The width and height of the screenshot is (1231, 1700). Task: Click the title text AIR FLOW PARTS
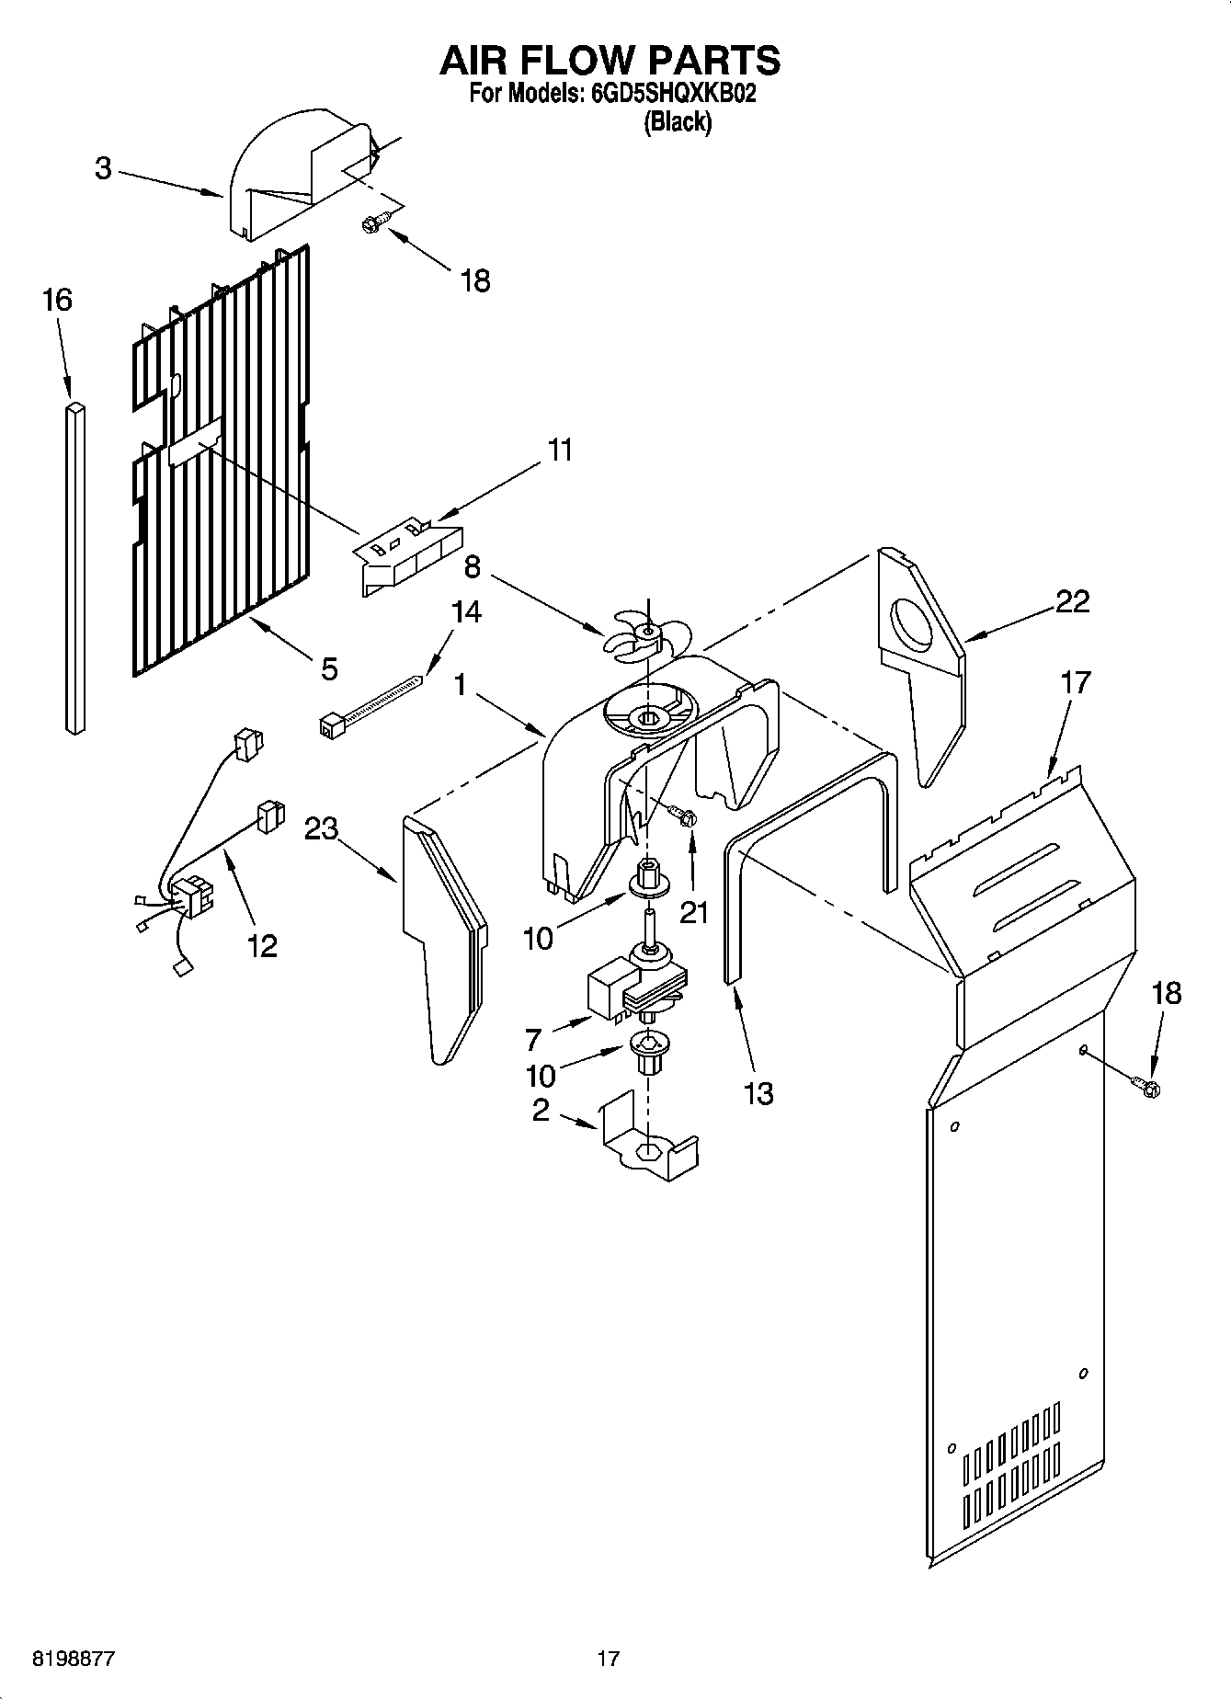[x=610, y=60]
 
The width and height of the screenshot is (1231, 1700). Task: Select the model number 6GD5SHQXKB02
[x=669, y=94]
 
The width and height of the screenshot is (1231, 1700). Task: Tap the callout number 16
[x=56, y=300]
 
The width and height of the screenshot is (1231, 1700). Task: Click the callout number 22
[x=1072, y=601]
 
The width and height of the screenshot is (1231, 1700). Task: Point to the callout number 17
[x=1075, y=682]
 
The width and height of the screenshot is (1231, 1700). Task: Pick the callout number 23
[x=322, y=828]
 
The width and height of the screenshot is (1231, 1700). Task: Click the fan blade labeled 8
[x=646, y=634]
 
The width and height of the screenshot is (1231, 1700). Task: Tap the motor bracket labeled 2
[x=648, y=1140]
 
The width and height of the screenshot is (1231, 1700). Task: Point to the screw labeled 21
[x=682, y=816]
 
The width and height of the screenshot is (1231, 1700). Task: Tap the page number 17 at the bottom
[x=608, y=1659]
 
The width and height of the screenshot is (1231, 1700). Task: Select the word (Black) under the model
[x=678, y=122]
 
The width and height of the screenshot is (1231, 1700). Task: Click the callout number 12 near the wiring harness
[x=262, y=945]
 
